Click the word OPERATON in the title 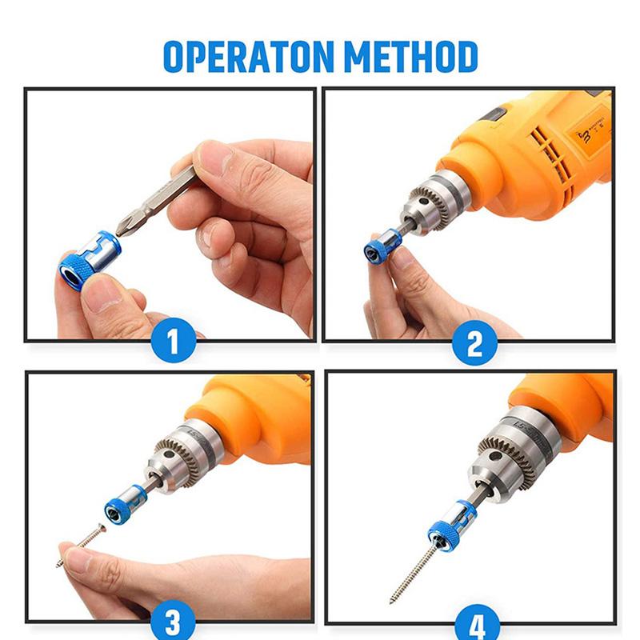(x=248, y=56)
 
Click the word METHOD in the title (x=411, y=56)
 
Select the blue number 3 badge (x=173, y=622)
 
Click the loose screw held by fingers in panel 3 (x=82, y=545)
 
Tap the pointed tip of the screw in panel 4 (x=390, y=603)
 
